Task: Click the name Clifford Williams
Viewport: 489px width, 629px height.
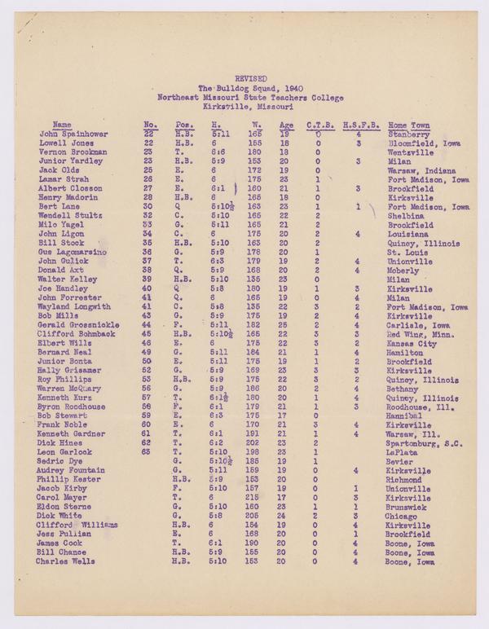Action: click(x=77, y=525)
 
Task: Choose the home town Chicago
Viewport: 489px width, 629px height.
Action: click(x=401, y=516)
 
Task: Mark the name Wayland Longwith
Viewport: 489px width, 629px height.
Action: click(x=73, y=306)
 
